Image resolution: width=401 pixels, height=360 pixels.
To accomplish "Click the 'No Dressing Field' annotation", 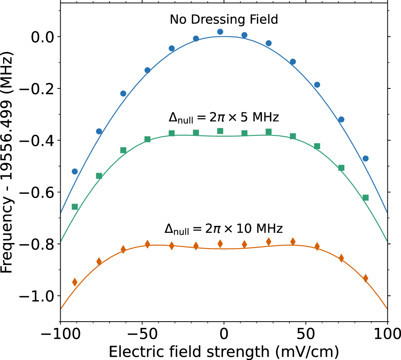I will tap(223, 20).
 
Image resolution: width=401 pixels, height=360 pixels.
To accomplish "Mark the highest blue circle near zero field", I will tap(220, 32).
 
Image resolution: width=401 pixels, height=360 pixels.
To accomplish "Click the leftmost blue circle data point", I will tap(75, 171).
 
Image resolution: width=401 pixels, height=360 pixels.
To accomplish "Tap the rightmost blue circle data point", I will tap(365, 158).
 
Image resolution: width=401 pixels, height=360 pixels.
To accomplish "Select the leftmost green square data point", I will tap(75, 207).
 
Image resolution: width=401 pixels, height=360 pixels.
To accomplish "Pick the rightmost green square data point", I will tap(365, 198).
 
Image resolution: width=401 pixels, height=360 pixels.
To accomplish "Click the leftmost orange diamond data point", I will tap(75, 282).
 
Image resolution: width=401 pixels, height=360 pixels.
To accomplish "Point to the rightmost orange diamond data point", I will tap(365, 278).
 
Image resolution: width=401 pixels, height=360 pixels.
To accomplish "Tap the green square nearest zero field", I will tap(220, 131).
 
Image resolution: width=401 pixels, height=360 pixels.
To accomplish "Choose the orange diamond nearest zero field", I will tap(220, 244).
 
